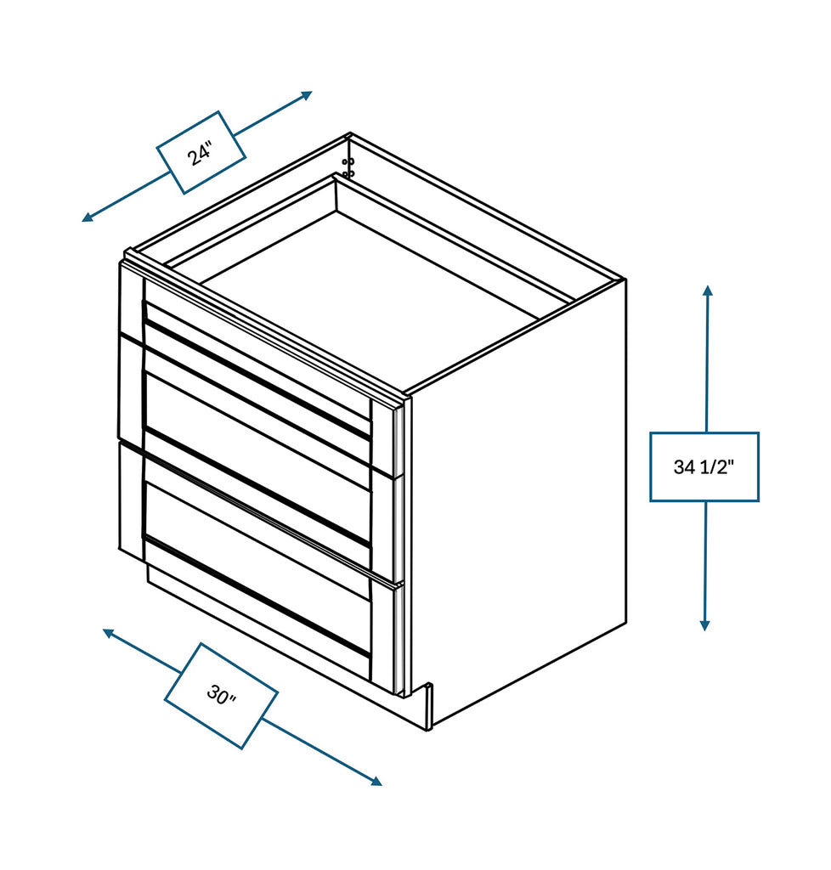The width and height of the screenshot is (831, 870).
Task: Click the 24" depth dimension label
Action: [x=201, y=153]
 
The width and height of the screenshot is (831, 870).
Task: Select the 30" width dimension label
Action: [x=221, y=696]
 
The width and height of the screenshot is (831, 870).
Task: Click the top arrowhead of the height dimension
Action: [x=707, y=291]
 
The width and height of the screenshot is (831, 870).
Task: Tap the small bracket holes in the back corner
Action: [x=348, y=167]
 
